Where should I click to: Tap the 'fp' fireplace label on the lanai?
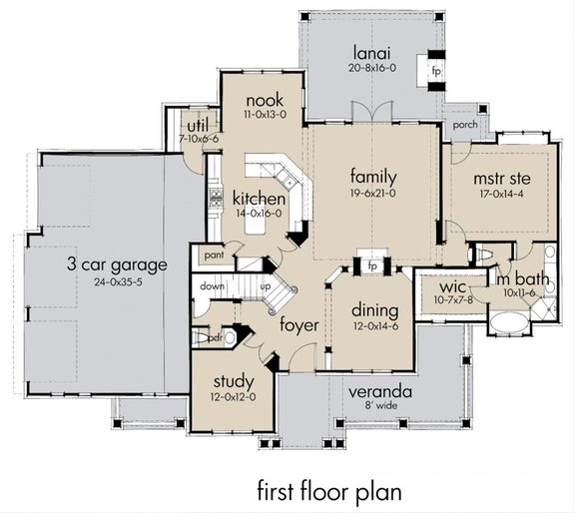(435, 72)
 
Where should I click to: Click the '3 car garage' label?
(116, 264)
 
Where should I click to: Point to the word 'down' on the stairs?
(213, 285)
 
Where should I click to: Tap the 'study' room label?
(234, 381)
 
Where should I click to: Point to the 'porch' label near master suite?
(463, 126)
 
